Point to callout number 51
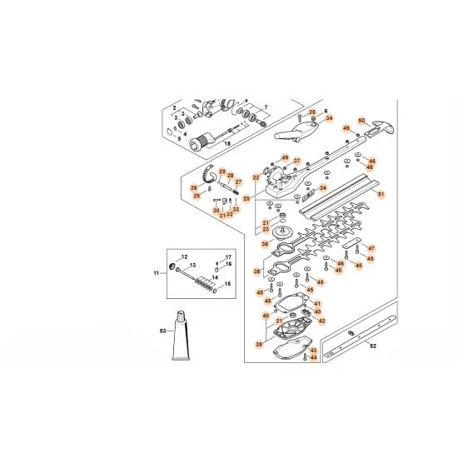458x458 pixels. coord(382,194)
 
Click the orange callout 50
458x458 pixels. coord(361,120)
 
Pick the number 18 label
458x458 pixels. coord(227,143)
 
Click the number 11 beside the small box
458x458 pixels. coord(155,273)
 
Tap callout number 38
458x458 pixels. coord(258,271)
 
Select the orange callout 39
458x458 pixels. coord(258,343)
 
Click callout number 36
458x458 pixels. coord(265,244)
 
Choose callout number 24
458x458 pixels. coord(324,187)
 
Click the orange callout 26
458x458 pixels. coord(195,188)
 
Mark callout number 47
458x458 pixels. coord(371,248)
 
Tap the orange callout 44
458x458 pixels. coord(313,358)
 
